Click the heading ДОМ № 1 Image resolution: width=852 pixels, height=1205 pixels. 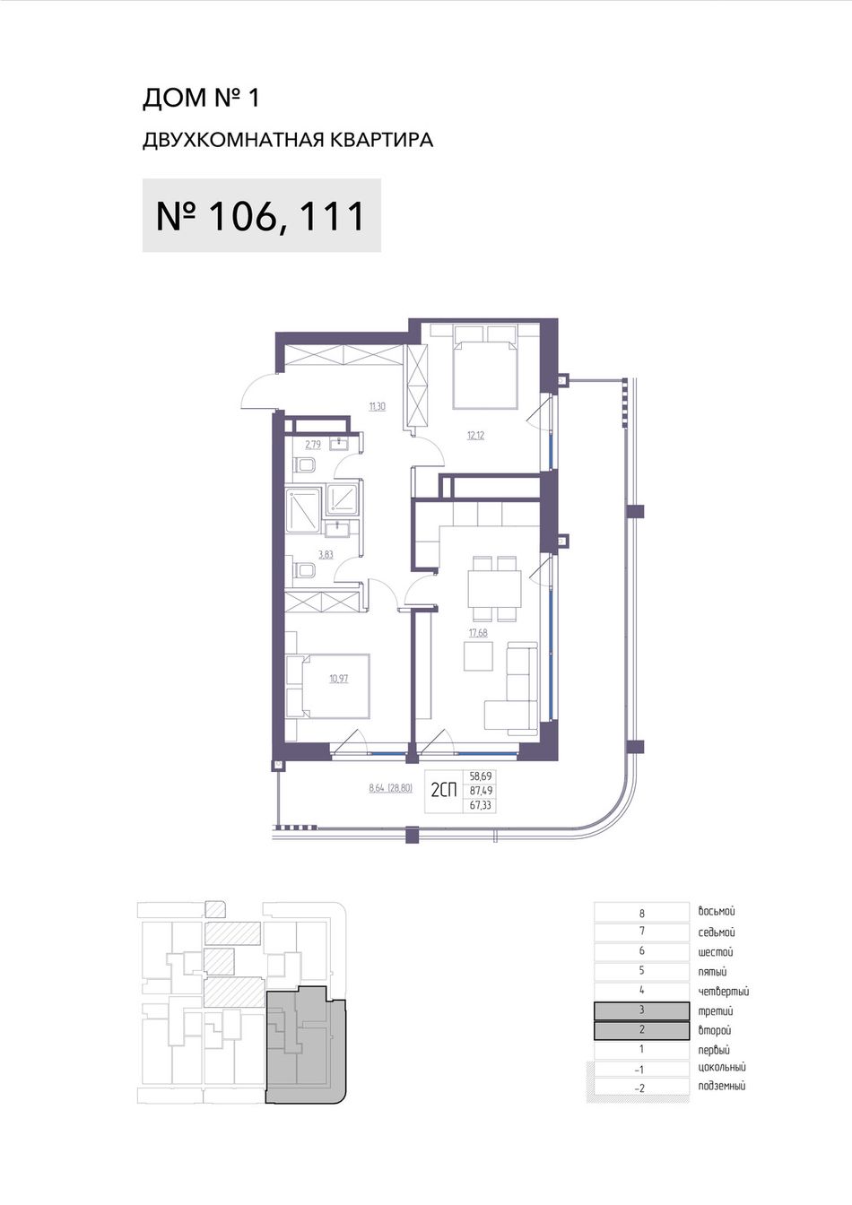201,98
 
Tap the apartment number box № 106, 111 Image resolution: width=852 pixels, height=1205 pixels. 262,215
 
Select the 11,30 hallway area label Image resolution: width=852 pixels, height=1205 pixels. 377,407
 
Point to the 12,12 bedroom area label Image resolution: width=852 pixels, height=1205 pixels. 475,435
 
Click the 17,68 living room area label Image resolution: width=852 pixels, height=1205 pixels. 478,633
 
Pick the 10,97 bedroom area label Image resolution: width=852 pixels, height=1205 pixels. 339,679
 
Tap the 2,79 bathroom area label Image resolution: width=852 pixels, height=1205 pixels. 313,445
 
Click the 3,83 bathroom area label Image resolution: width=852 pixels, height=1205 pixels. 326,555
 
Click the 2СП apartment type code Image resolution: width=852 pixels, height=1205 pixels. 444,790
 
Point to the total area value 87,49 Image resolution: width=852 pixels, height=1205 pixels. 481,791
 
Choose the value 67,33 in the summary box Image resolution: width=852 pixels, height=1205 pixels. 481,805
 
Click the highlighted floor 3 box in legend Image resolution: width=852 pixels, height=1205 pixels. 641,1010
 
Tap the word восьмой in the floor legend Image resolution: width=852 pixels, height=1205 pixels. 717,911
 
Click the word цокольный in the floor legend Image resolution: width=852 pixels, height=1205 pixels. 722,1067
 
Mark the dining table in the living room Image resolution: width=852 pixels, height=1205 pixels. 495,588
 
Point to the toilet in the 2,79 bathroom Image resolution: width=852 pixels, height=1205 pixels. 305,466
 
